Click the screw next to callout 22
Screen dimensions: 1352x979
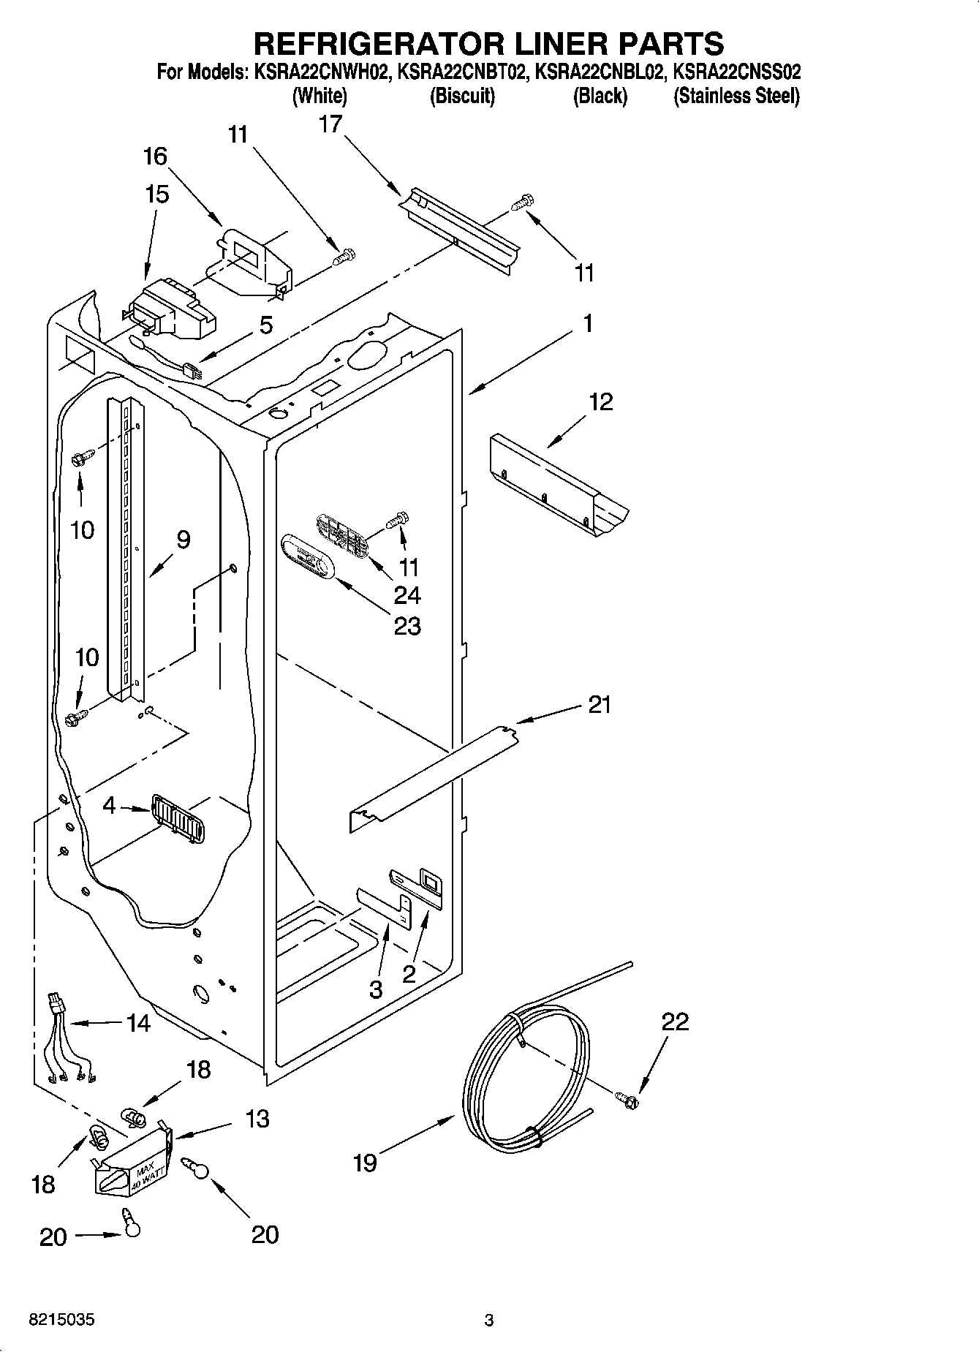[627, 1097]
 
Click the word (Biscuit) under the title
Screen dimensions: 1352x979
[462, 96]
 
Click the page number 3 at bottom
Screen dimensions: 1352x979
[488, 1321]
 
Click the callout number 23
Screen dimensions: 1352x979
[407, 626]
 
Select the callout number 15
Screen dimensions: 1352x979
[157, 195]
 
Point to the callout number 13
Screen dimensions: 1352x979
[257, 1118]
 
